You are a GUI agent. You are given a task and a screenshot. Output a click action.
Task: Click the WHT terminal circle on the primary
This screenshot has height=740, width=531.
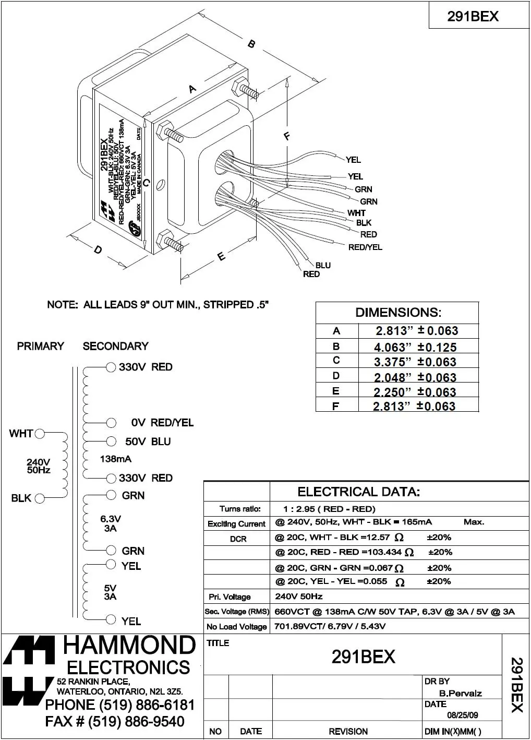(40, 433)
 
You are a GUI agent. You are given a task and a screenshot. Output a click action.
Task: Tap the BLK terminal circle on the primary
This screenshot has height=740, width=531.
(40, 498)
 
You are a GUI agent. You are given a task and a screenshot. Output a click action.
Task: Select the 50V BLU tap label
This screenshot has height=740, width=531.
(148, 441)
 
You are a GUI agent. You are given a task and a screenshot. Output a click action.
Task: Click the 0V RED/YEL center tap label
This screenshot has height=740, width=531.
(162, 422)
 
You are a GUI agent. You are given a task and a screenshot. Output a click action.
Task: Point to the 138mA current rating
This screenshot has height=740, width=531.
(115, 459)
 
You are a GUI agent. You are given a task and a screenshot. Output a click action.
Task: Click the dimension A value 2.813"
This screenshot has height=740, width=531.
(391, 331)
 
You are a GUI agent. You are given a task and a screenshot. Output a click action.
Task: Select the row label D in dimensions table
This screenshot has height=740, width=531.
(336, 376)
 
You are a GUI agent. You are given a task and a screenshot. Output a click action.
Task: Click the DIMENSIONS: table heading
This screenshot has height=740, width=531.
(398, 313)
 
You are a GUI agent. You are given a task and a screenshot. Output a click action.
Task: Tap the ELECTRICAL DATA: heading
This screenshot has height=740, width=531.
(358, 492)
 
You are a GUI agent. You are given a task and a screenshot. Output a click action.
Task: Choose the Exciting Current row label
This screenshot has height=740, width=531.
(236, 523)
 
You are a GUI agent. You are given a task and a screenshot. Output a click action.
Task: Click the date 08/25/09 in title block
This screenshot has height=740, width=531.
(462, 715)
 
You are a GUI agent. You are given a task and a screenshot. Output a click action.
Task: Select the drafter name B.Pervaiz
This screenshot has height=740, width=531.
(460, 693)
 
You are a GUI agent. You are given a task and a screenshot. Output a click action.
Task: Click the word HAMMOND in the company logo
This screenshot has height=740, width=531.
(129, 646)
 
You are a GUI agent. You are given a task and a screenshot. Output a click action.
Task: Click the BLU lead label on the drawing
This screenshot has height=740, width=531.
(323, 265)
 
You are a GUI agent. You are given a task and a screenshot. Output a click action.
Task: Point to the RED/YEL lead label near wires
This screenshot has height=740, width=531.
(365, 247)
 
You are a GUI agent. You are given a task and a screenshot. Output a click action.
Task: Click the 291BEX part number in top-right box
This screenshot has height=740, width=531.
(473, 17)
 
